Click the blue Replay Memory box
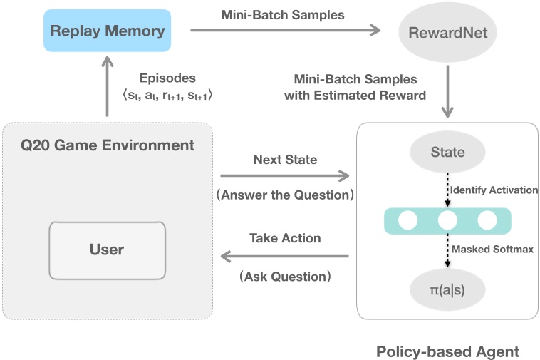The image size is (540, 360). click(108, 31)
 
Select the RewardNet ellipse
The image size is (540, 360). click(447, 32)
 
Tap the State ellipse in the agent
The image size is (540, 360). click(447, 152)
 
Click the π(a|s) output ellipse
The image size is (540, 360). click(447, 290)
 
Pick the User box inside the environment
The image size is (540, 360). click(107, 250)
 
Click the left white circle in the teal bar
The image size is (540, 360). click(407, 220)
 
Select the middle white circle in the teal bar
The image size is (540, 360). click(447, 220)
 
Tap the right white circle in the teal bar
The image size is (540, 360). click(487, 220)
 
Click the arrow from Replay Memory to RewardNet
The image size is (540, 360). click(285, 30)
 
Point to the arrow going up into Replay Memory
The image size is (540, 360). click(107, 90)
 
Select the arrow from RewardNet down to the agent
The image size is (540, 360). click(447, 91)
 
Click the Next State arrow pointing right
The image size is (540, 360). click(285, 175)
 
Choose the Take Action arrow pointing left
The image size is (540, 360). click(285, 256)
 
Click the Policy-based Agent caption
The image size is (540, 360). click(447, 351)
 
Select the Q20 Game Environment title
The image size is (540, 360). click(107, 145)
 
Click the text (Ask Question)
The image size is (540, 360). click(285, 276)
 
